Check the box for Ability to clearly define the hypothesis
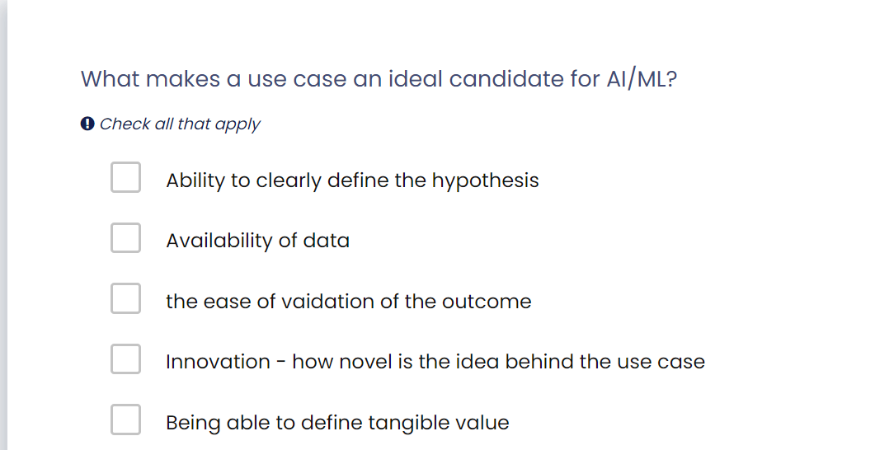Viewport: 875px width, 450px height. pyautogui.click(x=125, y=177)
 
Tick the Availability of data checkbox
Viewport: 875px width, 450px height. pyautogui.click(x=125, y=237)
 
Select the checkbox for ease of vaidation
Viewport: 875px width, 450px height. pyautogui.click(x=125, y=298)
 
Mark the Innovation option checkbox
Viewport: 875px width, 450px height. pyautogui.click(x=125, y=359)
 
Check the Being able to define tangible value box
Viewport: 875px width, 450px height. pyautogui.click(x=125, y=420)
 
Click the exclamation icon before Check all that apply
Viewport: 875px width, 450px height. pyautogui.click(x=87, y=124)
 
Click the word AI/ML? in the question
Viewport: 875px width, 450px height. pyautogui.click(x=642, y=78)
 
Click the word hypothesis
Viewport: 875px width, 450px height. pyautogui.click(x=486, y=180)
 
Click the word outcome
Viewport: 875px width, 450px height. pyautogui.click(x=487, y=302)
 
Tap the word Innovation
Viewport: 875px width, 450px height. pyautogui.click(x=219, y=362)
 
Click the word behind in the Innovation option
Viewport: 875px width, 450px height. pyautogui.click(x=539, y=362)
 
